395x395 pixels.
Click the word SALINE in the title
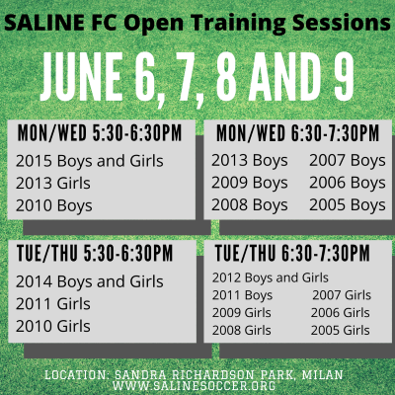[44, 23]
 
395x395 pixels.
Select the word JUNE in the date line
[81, 77]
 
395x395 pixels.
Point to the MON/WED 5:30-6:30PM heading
[100, 133]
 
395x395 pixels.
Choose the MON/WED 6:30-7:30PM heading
[298, 133]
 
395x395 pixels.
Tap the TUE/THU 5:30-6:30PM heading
[95, 253]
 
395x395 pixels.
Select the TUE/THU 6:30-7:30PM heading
[292, 253]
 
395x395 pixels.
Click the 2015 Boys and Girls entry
[90, 162]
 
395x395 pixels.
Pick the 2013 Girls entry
[53, 183]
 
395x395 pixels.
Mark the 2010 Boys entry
[54, 206]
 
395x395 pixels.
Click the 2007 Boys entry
[348, 161]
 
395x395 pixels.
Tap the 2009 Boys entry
[250, 184]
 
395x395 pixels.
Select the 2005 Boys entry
[348, 205]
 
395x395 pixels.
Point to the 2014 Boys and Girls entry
[90, 282]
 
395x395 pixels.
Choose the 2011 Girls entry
[53, 304]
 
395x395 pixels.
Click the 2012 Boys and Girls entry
[271, 278]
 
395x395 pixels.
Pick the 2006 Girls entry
[341, 313]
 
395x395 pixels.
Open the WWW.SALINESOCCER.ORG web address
[194, 385]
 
